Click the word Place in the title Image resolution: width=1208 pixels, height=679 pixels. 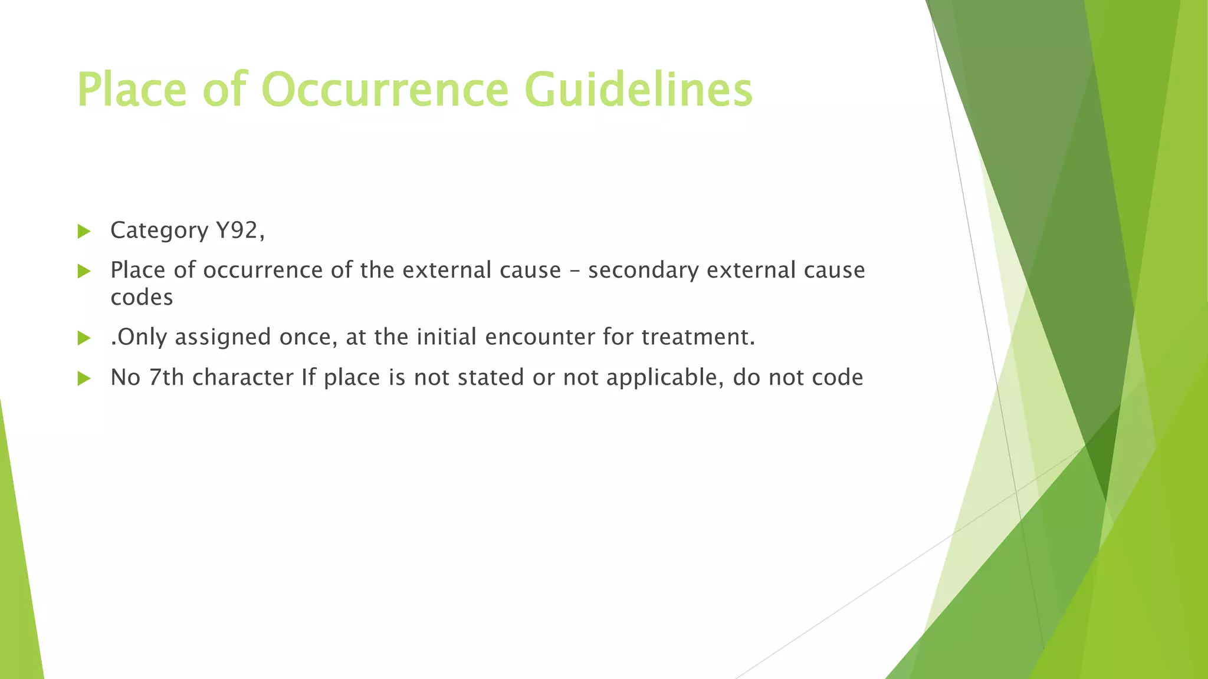[x=132, y=90]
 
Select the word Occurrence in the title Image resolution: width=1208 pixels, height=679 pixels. [x=385, y=90]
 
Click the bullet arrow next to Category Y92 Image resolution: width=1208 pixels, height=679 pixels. [x=84, y=231]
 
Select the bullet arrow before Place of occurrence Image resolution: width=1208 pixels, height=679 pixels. [x=84, y=271]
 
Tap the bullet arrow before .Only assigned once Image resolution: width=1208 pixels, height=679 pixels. [x=84, y=338]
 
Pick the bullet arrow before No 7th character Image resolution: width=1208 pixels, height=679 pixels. [x=84, y=378]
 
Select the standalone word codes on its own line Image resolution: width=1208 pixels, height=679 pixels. [x=142, y=297]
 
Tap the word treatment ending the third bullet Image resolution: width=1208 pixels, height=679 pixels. [x=697, y=337]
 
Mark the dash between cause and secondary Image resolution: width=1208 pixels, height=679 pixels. [x=575, y=271]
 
